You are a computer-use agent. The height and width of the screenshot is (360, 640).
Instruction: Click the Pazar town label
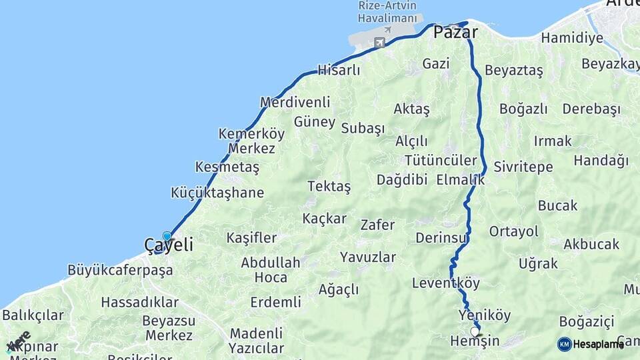[456, 32]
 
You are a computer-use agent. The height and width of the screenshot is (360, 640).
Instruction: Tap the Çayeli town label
[169, 245]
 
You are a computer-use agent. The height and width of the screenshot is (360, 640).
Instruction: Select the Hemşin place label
[475, 341]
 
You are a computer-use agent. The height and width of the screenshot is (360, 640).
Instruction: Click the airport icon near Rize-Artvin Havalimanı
[380, 43]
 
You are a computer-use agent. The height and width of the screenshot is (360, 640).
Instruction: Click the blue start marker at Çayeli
[167, 236]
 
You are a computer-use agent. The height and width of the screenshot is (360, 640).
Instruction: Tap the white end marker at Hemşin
[475, 331]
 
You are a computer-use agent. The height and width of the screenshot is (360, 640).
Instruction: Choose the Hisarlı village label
[339, 70]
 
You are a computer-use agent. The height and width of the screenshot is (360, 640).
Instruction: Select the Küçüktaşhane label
[217, 193]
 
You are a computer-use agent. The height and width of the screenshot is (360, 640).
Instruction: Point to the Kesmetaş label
[227, 167]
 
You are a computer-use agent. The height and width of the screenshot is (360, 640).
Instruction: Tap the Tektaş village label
[329, 187]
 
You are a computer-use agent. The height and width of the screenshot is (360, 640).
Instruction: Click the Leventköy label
[445, 283]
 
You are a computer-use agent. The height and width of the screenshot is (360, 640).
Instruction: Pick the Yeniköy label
[485, 315]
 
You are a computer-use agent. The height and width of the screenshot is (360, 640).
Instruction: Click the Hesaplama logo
[591, 344]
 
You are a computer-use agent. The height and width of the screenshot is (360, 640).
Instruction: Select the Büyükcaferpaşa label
[120, 271]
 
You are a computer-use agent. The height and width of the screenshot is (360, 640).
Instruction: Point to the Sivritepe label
[523, 167]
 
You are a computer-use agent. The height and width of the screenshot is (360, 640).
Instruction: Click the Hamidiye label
[571, 38]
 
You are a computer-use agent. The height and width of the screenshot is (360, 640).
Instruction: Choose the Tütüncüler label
[441, 161]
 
